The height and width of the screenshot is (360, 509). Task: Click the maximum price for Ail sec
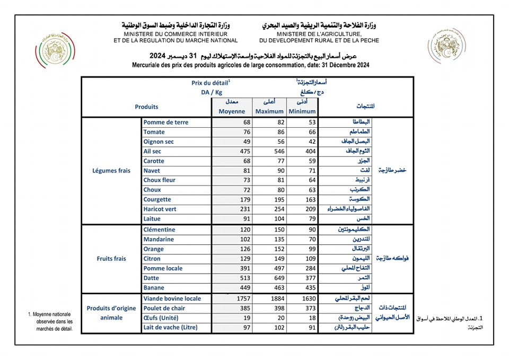(276, 151)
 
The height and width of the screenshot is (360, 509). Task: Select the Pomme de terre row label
(165, 122)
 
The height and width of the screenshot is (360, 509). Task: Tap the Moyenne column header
(232, 111)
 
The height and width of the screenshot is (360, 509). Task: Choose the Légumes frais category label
(111, 171)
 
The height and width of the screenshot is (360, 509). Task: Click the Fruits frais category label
(111, 259)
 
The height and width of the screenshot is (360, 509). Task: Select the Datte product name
(152, 278)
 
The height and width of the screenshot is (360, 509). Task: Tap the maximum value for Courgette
(276, 199)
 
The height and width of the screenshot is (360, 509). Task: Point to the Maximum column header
(269, 111)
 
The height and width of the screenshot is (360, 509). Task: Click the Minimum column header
(303, 111)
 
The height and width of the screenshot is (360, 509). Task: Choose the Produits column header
(146, 107)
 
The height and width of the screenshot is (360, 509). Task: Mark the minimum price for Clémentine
(310, 230)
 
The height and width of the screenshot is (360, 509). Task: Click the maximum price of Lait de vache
(276, 328)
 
